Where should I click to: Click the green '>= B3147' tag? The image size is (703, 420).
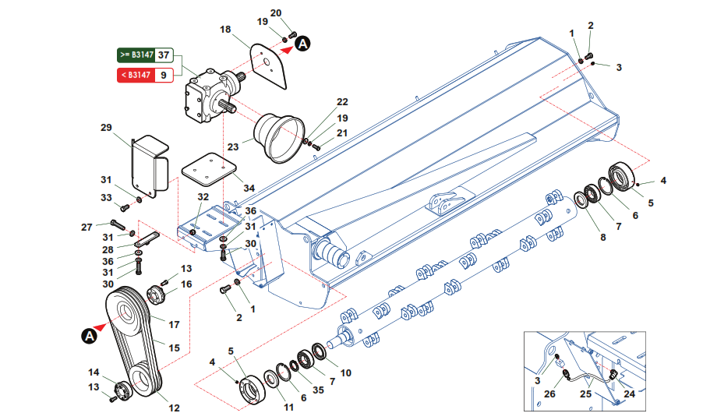(136, 55)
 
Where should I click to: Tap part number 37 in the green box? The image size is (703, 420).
(163, 55)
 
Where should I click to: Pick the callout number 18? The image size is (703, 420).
(225, 30)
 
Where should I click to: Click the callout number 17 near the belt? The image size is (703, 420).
(175, 325)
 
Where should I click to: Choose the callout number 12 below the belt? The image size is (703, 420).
(175, 408)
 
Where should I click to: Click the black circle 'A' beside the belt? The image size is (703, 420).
(89, 336)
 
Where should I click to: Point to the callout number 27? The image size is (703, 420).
(87, 228)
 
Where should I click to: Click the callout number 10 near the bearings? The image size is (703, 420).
(346, 372)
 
